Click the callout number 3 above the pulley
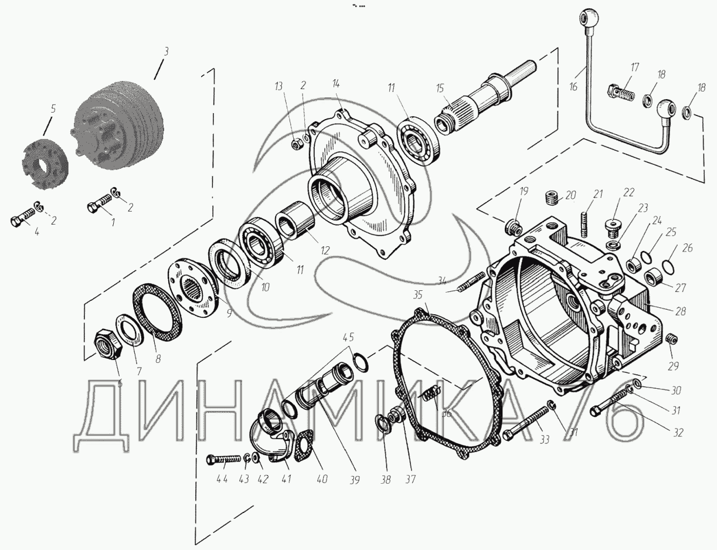pos(166,52)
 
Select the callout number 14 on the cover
pos(336,83)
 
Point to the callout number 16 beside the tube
pos(573,86)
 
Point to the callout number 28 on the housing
pos(679,311)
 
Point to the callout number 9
pos(229,313)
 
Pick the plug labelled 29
pos(673,339)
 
